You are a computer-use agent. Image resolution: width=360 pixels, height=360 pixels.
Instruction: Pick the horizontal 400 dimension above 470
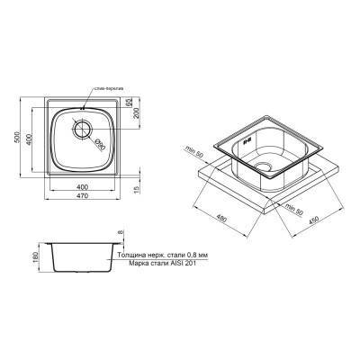(83, 185)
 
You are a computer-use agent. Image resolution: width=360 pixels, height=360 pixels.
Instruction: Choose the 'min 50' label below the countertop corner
(293, 209)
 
